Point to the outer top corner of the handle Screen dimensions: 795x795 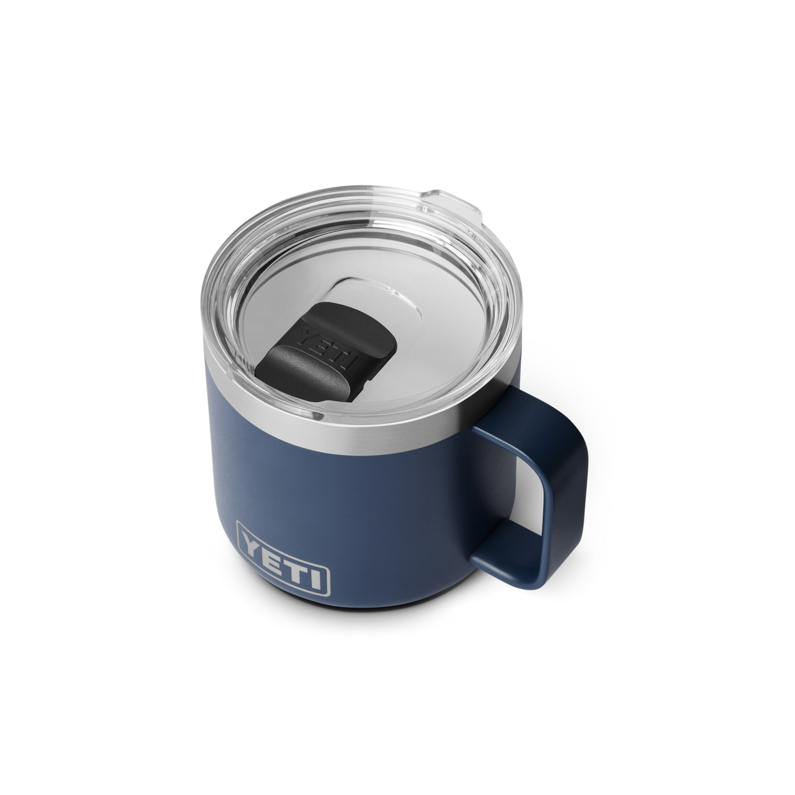(578, 424)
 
